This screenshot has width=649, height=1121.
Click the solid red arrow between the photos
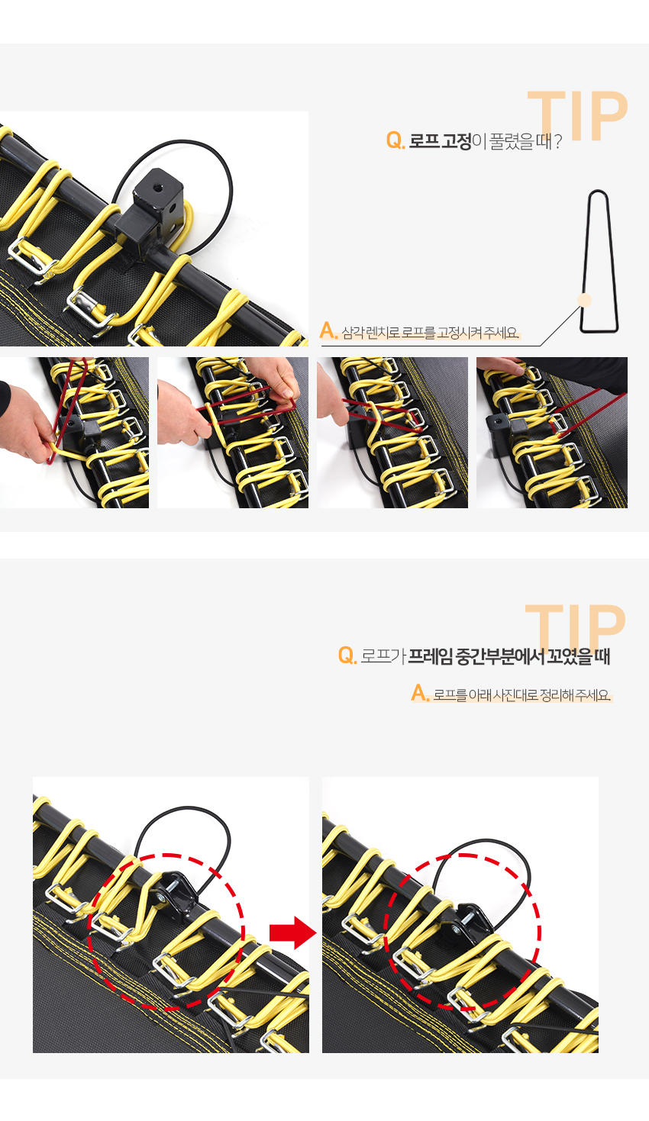(x=293, y=933)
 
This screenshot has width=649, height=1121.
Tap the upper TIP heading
(x=577, y=115)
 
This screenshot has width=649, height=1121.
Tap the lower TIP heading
(x=576, y=628)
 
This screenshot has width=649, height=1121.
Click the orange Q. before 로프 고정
(x=395, y=141)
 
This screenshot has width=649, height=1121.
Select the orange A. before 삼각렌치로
(x=328, y=330)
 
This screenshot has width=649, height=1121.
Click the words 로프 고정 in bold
(x=441, y=141)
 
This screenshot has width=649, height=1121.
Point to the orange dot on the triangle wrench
(x=584, y=300)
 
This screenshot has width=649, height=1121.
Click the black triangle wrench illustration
(x=599, y=261)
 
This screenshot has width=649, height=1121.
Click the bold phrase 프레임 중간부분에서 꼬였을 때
(x=509, y=656)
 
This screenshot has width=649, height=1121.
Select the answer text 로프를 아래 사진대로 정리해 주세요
(x=521, y=695)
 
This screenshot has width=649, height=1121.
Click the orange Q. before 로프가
(x=347, y=655)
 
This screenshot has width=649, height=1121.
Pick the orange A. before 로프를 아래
(x=420, y=694)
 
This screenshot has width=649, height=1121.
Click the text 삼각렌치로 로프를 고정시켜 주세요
(x=430, y=332)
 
